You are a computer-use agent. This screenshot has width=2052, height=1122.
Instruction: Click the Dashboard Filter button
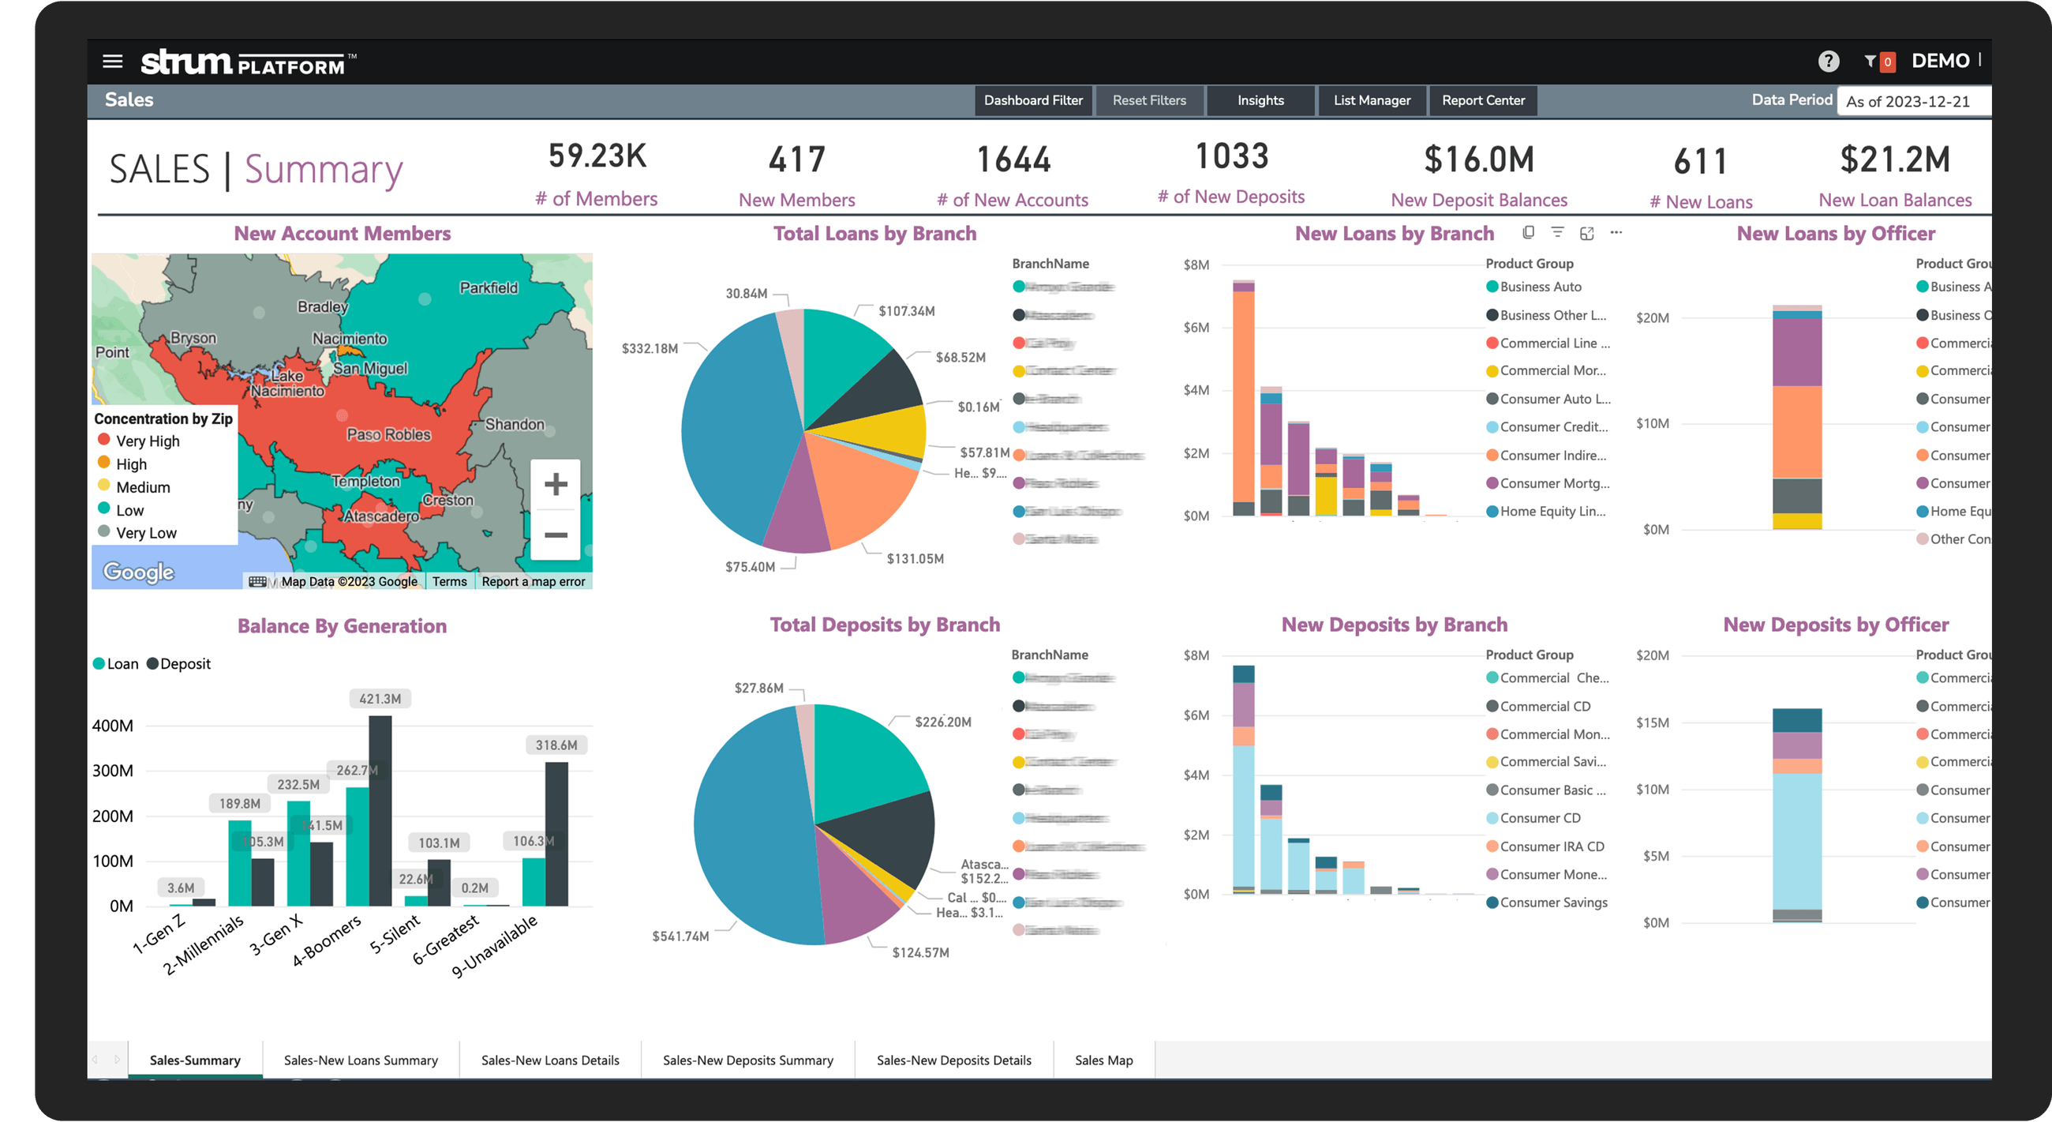click(x=1033, y=100)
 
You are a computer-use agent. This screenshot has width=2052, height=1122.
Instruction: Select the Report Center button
click(x=1482, y=100)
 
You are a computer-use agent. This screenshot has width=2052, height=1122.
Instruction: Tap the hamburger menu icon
click(x=113, y=61)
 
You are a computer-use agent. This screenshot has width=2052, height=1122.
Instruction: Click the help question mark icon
click(x=1828, y=61)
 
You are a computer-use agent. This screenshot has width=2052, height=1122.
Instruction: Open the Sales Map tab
click(x=1103, y=1060)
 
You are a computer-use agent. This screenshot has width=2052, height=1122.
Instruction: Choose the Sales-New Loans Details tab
click(x=549, y=1060)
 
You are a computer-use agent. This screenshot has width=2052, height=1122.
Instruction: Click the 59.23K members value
click(x=597, y=156)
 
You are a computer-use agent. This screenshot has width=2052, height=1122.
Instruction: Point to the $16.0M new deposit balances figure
click(x=1478, y=159)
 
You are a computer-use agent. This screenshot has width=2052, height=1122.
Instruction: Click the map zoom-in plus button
click(x=555, y=484)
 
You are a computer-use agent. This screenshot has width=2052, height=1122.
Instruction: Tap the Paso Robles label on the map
click(x=389, y=434)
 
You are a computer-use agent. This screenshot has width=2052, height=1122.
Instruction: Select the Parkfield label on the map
click(x=489, y=287)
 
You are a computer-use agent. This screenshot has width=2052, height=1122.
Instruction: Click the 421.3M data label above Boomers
click(x=380, y=699)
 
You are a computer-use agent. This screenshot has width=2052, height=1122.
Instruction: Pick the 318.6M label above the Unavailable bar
click(x=556, y=745)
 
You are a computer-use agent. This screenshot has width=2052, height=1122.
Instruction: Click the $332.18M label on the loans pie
click(x=650, y=348)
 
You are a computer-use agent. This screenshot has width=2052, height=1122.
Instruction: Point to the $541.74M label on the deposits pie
click(x=680, y=936)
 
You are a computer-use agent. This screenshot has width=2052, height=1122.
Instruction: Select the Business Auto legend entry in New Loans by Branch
click(x=1540, y=287)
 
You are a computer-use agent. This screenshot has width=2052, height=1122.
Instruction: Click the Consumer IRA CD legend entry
click(x=1551, y=846)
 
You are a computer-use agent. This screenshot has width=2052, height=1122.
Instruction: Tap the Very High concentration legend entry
click(x=148, y=441)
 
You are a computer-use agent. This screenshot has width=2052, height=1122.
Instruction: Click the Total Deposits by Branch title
click(x=884, y=625)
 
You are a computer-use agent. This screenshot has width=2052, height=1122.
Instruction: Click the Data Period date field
click(x=1912, y=101)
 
